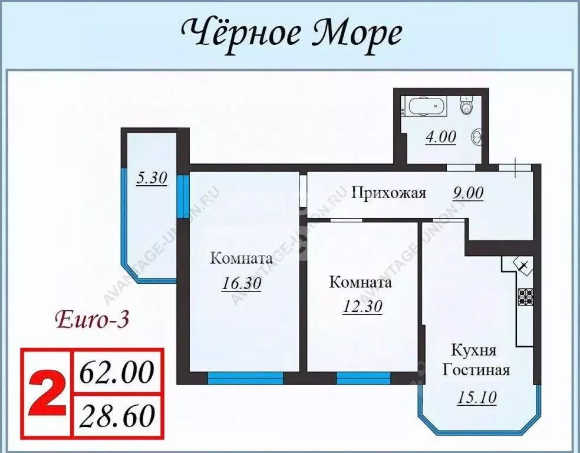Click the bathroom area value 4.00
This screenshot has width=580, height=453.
click(x=440, y=137)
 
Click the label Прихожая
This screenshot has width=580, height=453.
click(x=388, y=193)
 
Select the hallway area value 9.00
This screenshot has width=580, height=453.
click(x=469, y=193)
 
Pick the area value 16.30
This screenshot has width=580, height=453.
click(x=241, y=283)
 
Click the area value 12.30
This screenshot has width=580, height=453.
click(x=362, y=306)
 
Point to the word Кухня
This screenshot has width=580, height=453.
click(x=473, y=350)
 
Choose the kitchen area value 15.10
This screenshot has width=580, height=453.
click(x=476, y=397)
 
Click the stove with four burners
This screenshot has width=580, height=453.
click(x=525, y=296)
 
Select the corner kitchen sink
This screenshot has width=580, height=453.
click(x=523, y=265)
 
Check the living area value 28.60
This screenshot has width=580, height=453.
click(x=116, y=416)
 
